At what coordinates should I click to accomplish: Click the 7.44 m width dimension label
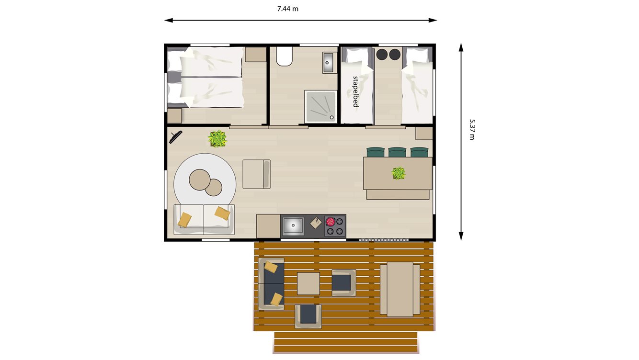pyautogui.click(x=287, y=9)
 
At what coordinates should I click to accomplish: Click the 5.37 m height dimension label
pyautogui.click(x=472, y=129)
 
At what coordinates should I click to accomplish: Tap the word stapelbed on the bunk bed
pyautogui.click(x=356, y=91)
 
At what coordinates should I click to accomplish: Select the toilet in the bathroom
pyautogui.click(x=284, y=56)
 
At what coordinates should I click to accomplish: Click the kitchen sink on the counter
pyautogui.click(x=292, y=225)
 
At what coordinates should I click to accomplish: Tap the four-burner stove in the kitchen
pyautogui.click(x=335, y=225)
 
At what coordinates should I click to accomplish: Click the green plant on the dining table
pyautogui.click(x=398, y=173)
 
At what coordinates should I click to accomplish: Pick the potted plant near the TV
pyautogui.click(x=217, y=138)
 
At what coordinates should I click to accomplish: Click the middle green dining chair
pyautogui.click(x=397, y=152)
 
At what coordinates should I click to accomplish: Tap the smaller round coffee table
pyautogui.click(x=214, y=187)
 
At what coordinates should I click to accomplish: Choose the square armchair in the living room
pyautogui.click(x=256, y=174)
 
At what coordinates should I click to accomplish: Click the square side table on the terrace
pyautogui.click(x=308, y=283)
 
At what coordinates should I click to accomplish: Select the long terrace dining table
pyautogui.click(x=400, y=289)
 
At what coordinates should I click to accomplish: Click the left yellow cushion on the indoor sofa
pyautogui.click(x=185, y=220)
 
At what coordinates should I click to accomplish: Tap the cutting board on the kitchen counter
pyautogui.click(x=316, y=223)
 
